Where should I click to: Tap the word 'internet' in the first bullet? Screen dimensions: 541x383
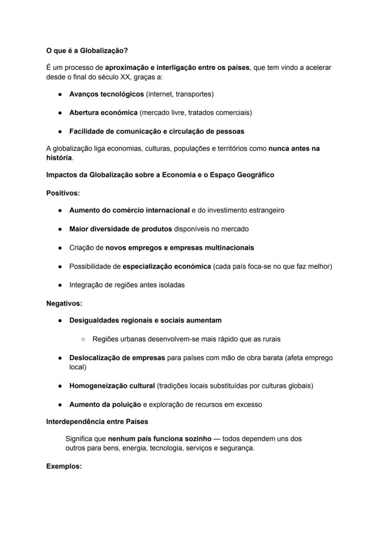tap(160, 94)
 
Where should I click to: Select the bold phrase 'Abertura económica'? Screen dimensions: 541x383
tap(103, 113)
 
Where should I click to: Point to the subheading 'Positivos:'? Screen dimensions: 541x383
tap(63, 193)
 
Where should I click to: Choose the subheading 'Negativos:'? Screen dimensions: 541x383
tap(64, 304)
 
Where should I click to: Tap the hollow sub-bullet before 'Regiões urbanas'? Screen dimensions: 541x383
tap(83, 339)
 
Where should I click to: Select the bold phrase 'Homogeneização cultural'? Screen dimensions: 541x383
tap(112, 386)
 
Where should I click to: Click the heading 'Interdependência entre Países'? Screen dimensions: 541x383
tap(97, 422)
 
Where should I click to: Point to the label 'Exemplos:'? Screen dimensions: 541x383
tap(64, 466)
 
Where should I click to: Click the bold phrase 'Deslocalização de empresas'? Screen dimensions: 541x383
tap(117, 358)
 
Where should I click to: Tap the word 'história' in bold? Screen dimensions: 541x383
tap(59, 158)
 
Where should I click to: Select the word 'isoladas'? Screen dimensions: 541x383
tap(172, 285)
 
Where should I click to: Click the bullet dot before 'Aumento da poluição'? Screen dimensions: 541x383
tap(61, 405)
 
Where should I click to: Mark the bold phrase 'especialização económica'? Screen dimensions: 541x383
tap(167, 267)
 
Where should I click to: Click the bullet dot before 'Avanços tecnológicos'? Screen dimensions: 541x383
tap(61, 94)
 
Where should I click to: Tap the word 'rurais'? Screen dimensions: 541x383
tap(270, 339)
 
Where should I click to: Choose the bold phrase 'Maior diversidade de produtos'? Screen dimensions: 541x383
tap(120, 229)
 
